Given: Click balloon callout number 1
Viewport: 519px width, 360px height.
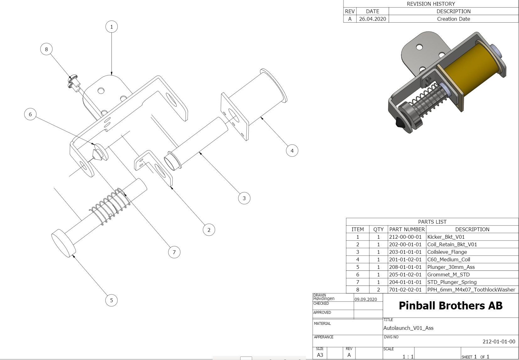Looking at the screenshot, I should [x=111, y=27].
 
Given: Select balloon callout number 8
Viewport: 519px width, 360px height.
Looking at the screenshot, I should [x=46, y=49].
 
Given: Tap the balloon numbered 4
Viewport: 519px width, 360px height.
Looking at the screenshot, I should [x=292, y=150].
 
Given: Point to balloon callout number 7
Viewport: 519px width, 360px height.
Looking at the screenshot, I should [x=174, y=252].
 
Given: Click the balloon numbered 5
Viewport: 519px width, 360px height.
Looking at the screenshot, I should [x=111, y=300].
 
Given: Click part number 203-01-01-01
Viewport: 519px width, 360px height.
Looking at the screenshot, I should [x=405, y=252].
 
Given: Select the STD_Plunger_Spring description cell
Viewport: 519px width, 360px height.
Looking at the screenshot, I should [x=452, y=282].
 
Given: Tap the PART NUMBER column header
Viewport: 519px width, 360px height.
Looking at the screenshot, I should [x=407, y=229].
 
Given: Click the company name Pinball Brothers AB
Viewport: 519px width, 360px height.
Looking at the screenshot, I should [x=451, y=306].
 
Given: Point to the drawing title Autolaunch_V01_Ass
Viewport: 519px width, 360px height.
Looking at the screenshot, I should [x=408, y=328].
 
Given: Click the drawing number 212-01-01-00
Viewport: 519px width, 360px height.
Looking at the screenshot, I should [x=499, y=341].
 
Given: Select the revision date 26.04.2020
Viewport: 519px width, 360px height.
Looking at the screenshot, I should [x=372, y=19].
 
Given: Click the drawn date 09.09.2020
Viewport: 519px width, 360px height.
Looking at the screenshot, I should [x=365, y=299].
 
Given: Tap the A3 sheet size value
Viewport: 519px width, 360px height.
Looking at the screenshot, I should [x=320, y=355].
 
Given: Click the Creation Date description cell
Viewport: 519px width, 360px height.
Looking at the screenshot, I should [x=453, y=19].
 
